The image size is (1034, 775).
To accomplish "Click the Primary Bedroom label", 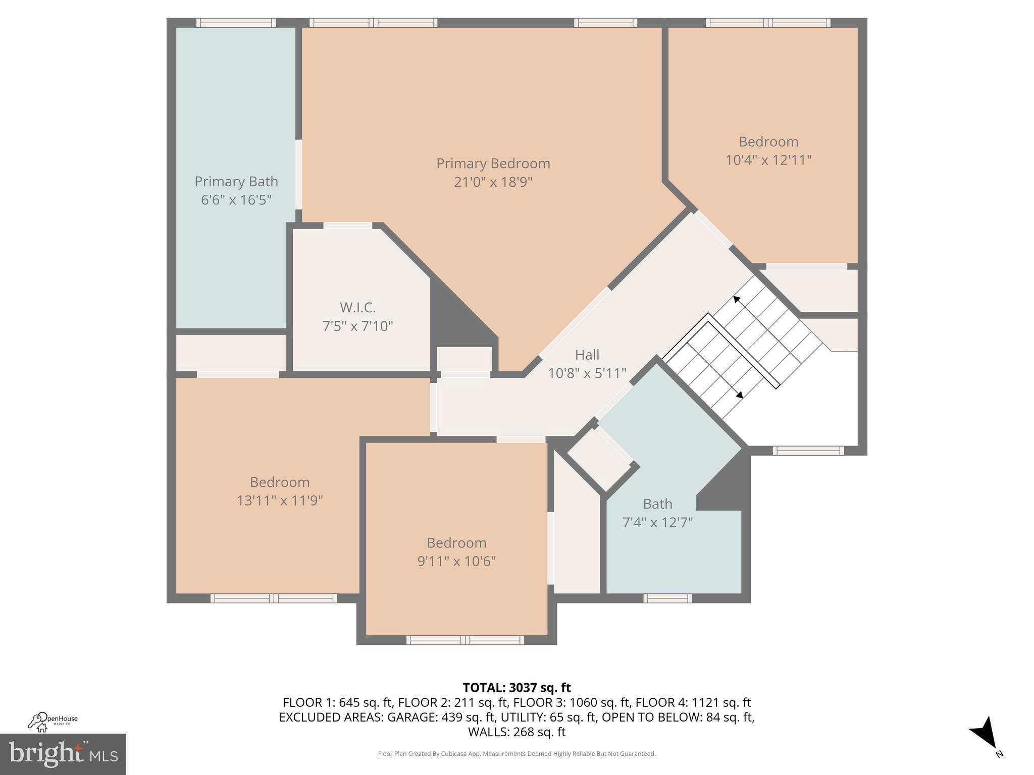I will (x=493, y=163).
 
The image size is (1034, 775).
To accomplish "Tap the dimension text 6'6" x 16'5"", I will (x=236, y=200).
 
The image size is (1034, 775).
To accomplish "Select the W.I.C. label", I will (x=357, y=307).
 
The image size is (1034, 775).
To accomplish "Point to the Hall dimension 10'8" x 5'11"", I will (x=587, y=373).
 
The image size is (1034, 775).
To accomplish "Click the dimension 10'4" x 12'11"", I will (x=768, y=160).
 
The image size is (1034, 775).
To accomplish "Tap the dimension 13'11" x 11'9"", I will (x=280, y=501).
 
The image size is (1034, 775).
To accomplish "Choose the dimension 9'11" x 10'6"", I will (x=456, y=561).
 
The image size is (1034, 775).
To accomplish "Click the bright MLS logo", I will (x=63, y=754).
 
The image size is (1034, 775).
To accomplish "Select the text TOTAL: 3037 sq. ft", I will (x=516, y=688).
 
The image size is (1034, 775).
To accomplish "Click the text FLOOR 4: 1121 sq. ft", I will (x=693, y=702).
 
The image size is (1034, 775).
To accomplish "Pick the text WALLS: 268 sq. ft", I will (x=516, y=732).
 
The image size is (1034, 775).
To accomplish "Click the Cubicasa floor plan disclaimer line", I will (x=516, y=754).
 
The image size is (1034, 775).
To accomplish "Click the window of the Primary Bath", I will (x=236, y=23).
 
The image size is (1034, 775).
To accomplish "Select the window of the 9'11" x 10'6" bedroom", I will (x=465, y=640).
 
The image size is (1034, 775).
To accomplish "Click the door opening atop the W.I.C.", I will (x=347, y=226).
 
